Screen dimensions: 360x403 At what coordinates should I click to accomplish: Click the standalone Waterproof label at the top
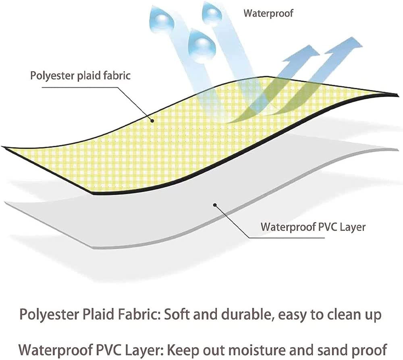point(268,13)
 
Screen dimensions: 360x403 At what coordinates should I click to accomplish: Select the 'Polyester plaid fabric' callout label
point(81,76)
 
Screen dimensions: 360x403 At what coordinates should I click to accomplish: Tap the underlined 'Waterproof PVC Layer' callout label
point(313,227)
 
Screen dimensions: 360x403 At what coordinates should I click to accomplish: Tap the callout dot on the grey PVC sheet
point(216,205)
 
